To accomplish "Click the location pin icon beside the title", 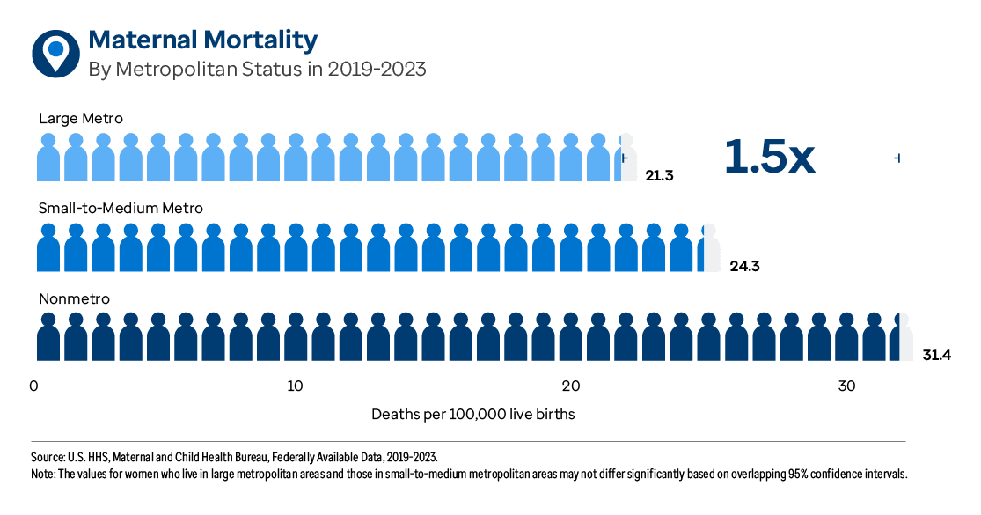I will tap(55, 52).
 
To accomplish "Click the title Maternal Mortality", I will tap(203, 40).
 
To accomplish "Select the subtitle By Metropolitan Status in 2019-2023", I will tap(257, 69).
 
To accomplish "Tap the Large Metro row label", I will tap(81, 118).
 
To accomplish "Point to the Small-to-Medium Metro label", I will tap(121, 209).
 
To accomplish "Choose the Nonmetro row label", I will tap(74, 299).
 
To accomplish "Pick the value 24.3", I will tap(743, 265).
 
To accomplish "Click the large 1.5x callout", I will tap(769, 156).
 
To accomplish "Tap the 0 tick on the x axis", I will tap(34, 386).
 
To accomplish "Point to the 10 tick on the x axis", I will tap(295, 386).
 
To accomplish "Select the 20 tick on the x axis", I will tap(571, 386).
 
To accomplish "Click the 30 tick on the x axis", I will tap(846, 386).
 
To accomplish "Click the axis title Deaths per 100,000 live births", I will tap(472, 414).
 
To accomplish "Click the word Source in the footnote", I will tap(48, 457).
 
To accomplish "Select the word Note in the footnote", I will tap(44, 474).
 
